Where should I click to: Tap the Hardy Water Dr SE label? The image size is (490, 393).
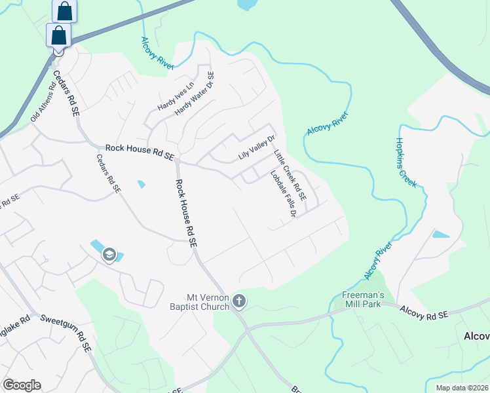195,94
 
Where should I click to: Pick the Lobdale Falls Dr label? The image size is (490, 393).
284,194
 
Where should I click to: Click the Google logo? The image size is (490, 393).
22,385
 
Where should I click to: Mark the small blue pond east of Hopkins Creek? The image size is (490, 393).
441,234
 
